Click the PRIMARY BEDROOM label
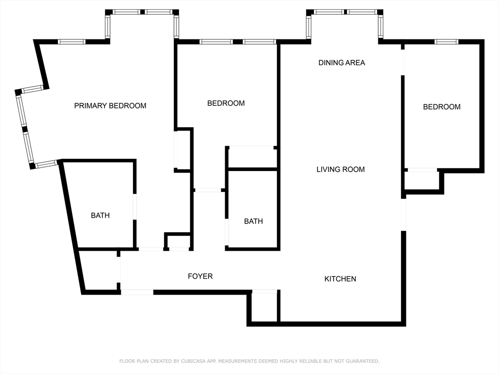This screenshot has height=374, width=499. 110,106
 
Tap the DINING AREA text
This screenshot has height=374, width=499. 342,63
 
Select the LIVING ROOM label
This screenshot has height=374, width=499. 341,169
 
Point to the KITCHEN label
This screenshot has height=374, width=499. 340,279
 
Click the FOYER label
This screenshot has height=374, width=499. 200,277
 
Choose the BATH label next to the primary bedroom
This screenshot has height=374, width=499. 100,215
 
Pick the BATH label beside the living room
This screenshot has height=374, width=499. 253,221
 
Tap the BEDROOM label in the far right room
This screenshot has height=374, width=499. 441,107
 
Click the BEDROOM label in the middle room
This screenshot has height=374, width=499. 226,103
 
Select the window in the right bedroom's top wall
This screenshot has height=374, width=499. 446,42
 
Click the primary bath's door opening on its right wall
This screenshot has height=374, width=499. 135,206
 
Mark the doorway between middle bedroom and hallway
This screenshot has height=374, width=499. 208,190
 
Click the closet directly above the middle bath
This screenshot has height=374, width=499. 252,158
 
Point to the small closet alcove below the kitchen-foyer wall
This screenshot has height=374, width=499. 264,307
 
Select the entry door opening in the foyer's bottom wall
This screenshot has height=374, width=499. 137,292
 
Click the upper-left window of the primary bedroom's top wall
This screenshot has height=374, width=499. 72,42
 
